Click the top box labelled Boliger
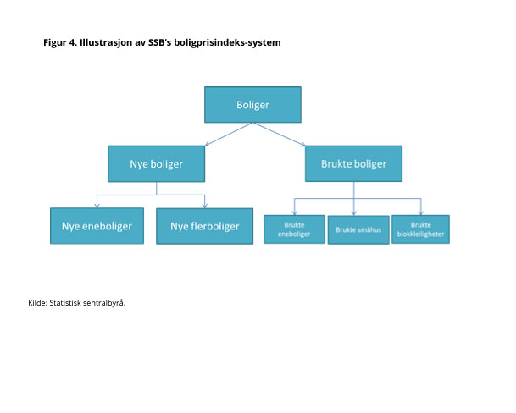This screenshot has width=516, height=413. point(252,104)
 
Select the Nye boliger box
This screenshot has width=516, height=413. point(157,163)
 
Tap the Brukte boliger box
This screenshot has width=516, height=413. point(353,163)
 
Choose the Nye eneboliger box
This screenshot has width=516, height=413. point(97,226)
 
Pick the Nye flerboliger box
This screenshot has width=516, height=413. point(204,226)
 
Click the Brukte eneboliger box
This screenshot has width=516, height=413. point(294,229)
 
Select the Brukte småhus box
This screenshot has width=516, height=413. point(358,229)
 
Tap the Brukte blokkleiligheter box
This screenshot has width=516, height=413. point(420,229)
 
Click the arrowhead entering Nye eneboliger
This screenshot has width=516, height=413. point(97,205)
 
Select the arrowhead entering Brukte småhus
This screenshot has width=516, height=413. point(354,212)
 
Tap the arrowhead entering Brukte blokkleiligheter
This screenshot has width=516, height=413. point(419,212)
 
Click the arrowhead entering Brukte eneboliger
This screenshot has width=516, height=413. point(294,212)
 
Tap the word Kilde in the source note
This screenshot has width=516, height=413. point(37,302)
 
